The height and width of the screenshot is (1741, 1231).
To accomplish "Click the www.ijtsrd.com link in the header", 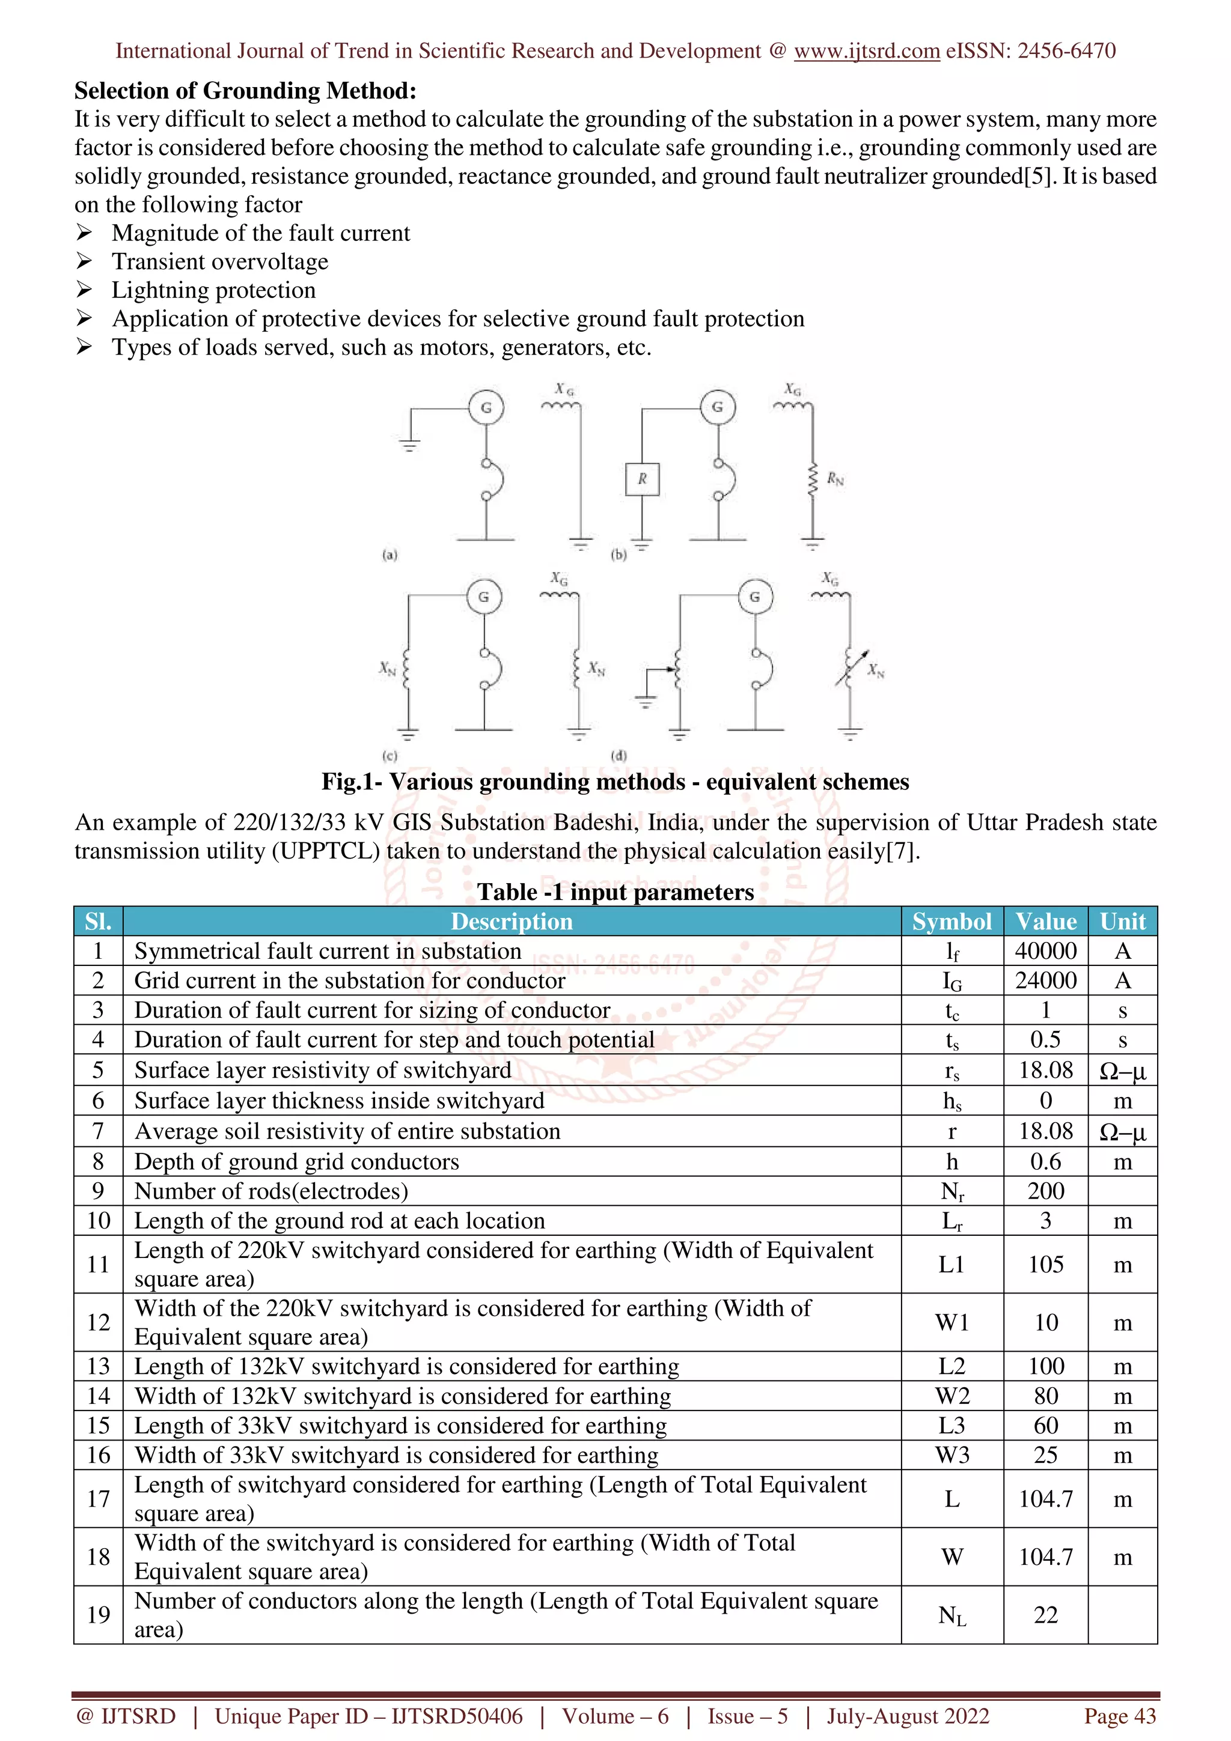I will tap(866, 51).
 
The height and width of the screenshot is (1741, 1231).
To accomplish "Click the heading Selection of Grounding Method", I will tap(245, 91).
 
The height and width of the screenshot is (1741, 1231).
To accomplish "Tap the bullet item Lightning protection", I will tap(213, 290).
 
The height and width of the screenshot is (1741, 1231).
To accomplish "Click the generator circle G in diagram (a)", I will tap(486, 407).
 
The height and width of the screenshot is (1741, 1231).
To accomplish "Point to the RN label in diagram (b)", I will tap(835, 478).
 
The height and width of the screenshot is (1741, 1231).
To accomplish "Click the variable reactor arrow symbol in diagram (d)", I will tap(851, 667).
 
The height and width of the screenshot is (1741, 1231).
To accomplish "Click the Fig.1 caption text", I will tap(615, 782).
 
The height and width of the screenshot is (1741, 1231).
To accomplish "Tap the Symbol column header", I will tap(952, 922).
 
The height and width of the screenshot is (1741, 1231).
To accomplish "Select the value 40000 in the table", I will tap(1045, 951).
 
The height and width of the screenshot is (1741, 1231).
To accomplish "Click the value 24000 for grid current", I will tap(1045, 980).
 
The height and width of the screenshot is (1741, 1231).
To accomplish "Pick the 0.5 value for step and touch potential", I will tap(1045, 1039).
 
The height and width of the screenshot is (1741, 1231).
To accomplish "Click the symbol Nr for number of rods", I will tap(952, 1191).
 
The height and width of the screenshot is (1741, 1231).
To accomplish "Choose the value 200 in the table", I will tap(1045, 1191).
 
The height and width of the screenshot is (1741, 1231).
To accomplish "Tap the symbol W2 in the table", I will tap(952, 1396).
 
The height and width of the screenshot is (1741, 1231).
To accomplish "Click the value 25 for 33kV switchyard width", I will tap(1045, 1455).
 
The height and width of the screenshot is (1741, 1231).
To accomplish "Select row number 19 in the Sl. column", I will tap(99, 1614).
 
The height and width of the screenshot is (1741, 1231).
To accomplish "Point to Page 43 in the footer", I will tap(1120, 1716).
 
